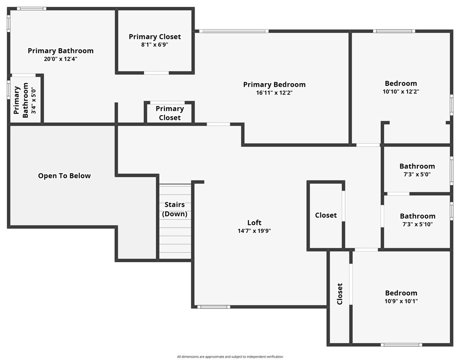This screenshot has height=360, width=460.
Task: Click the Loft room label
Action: click(254, 223)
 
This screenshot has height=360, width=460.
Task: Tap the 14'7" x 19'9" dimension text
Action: click(254, 231)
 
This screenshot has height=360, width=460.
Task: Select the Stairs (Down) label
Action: click(174, 209)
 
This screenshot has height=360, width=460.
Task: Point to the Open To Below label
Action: click(64, 176)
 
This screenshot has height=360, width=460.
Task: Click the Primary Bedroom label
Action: click(274, 84)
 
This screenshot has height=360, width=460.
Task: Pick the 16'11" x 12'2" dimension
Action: click(274, 92)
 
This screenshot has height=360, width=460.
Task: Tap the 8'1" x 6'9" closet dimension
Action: click(155, 45)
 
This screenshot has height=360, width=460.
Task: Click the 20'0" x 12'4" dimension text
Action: click(61, 59)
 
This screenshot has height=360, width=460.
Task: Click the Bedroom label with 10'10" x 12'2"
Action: click(401, 84)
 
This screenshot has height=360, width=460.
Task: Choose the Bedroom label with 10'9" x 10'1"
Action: click(401, 293)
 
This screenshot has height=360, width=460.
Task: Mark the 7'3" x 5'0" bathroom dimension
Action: click(417, 174)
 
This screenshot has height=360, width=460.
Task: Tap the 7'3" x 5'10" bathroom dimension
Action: click(417, 224)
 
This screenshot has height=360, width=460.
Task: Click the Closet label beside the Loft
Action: click(325, 215)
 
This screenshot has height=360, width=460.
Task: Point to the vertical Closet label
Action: click(340, 294)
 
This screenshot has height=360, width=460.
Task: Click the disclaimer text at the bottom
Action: click(230, 356)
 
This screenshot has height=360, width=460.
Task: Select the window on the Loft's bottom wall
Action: click(213, 307)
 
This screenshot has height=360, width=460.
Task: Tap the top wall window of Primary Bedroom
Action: click(234, 31)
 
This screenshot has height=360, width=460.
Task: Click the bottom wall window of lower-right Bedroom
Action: click(401, 344)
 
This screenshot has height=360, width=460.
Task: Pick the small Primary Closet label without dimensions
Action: click(169, 113)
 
